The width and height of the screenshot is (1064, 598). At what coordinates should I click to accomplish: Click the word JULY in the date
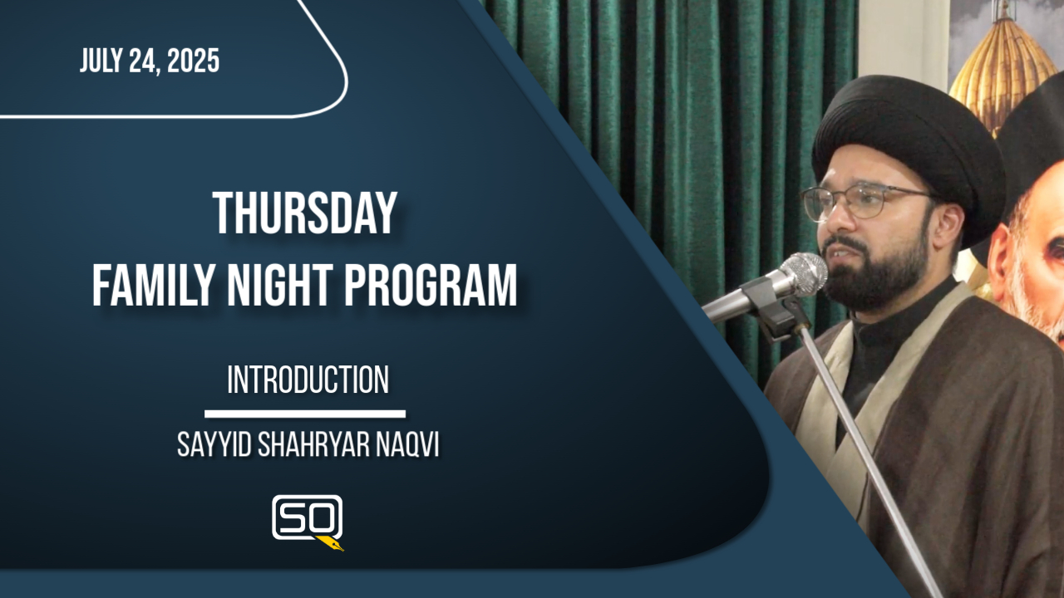click(x=100, y=61)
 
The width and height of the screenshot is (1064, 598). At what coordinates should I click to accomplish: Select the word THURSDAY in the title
click(x=304, y=213)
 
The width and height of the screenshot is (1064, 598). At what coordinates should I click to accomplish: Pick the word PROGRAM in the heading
click(x=431, y=286)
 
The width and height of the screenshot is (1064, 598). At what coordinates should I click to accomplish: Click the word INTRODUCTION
click(x=308, y=380)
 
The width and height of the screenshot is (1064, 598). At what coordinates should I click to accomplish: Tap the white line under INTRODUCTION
click(x=305, y=414)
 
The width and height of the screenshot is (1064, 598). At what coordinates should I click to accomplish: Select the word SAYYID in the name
click(x=214, y=445)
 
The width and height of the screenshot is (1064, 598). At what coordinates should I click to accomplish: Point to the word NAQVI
click(x=407, y=445)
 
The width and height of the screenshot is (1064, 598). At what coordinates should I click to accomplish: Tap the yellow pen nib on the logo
click(x=330, y=543)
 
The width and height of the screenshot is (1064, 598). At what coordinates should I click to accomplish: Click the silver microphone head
click(x=803, y=275)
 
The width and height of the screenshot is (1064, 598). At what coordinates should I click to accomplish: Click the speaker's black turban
click(x=909, y=142)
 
